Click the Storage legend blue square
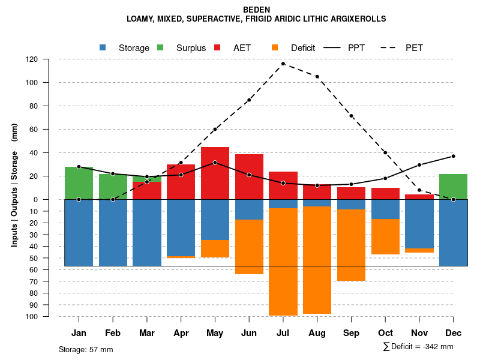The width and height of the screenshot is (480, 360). (x=103, y=47)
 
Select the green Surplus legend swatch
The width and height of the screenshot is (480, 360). (x=160, y=47)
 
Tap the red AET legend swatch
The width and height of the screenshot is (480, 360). (x=217, y=47)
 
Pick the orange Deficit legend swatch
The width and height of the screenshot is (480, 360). (x=275, y=47)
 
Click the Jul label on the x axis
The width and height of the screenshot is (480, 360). (x=283, y=333)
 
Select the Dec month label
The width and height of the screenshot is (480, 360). (x=453, y=333)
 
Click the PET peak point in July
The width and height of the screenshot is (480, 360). (x=283, y=64)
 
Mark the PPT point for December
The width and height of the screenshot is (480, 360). (x=453, y=156)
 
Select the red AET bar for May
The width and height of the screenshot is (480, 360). (x=215, y=173)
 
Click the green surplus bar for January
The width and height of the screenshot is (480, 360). (x=79, y=183)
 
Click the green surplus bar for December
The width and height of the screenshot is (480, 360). (x=453, y=187)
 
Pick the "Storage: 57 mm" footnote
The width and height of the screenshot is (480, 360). (x=86, y=349)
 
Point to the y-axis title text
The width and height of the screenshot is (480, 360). (x=14, y=185)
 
